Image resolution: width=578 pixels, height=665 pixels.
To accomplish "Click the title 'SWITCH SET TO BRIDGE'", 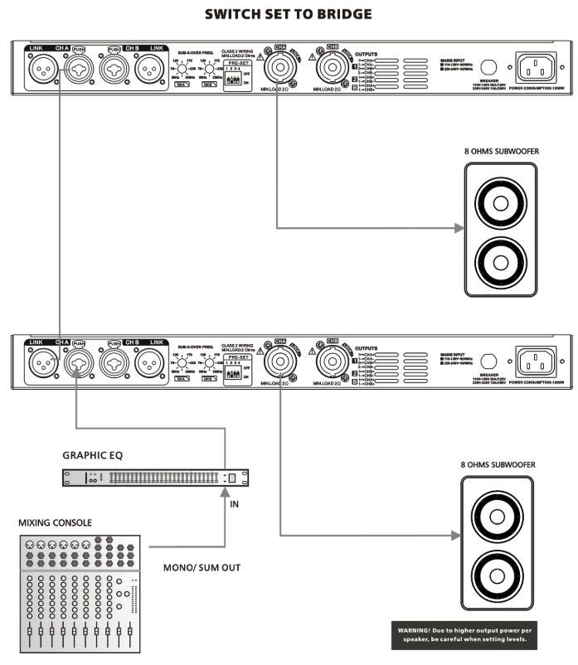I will pyautogui.click(x=289, y=14).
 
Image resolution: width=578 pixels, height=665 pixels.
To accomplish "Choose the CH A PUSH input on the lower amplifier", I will pyautogui.click(x=78, y=361).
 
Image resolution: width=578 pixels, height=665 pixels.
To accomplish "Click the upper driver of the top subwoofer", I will pyautogui.click(x=501, y=201).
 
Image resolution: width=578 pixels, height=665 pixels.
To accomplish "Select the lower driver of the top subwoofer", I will pyautogui.click(x=501, y=263).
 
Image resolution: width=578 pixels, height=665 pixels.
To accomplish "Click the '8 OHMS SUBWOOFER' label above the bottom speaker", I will pyautogui.click(x=497, y=466).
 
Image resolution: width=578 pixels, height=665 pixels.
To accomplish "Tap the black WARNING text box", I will pyautogui.click(x=462, y=634).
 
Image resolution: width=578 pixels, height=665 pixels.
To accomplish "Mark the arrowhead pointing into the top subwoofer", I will pyautogui.click(x=458, y=226).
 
